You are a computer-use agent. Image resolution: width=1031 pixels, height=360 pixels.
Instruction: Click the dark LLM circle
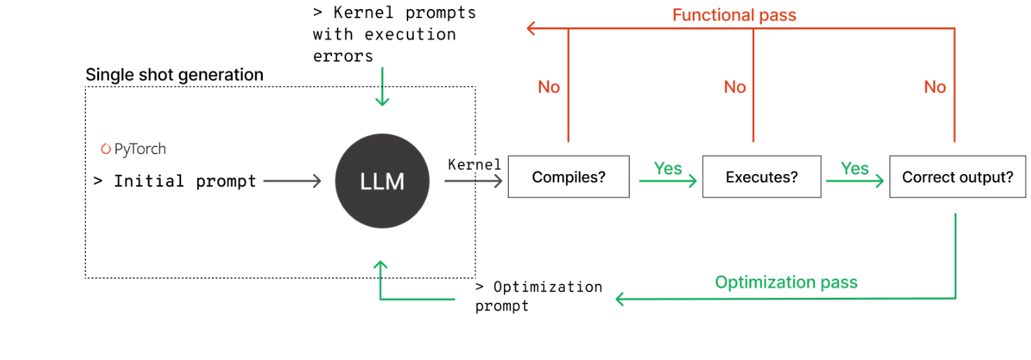[x=382, y=181]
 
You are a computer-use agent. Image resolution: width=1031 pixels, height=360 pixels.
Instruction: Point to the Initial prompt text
[x=175, y=182]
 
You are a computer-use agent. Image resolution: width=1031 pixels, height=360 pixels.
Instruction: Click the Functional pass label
[x=734, y=15]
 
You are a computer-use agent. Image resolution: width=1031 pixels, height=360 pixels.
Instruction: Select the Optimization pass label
[x=786, y=282]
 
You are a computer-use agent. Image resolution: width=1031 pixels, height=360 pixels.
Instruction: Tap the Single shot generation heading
[x=174, y=75]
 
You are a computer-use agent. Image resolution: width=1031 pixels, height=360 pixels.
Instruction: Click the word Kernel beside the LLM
[x=474, y=165]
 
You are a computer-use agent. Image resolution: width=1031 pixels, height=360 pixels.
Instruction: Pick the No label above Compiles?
[x=549, y=87]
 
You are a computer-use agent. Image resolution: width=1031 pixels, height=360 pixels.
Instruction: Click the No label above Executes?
[x=735, y=87]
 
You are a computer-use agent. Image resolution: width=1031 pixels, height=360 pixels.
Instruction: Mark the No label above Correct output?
[x=935, y=87]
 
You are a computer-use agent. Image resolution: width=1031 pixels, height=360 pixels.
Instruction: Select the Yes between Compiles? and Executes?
[x=668, y=168]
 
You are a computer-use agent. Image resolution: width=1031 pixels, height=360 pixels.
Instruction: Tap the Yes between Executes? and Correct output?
[x=854, y=168]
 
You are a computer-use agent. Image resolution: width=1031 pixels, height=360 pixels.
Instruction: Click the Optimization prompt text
[x=538, y=296]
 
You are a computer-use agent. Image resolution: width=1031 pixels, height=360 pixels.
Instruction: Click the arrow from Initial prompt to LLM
[x=292, y=182]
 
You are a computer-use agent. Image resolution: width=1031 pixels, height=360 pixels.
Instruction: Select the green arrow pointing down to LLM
[x=382, y=87]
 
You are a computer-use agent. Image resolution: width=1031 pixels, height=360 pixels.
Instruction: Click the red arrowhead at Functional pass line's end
[x=531, y=29]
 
